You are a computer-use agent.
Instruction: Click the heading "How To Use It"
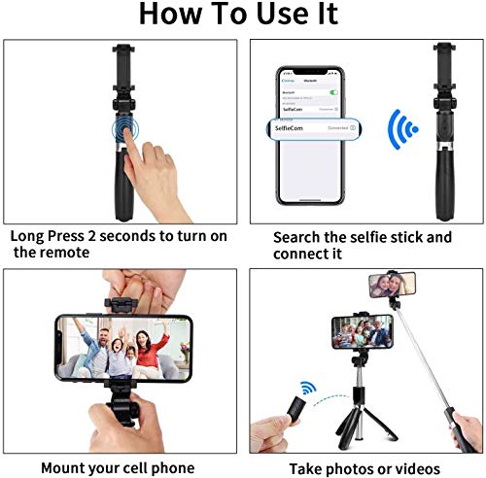pyautogui.click(x=238, y=15)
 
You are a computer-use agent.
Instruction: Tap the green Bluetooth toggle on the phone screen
pyautogui.click(x=333, y=92)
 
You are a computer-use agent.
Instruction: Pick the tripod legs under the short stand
pyautogui.click(x=359, y=425)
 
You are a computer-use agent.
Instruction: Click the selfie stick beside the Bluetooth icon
pyautogui.click(x=446, y=126)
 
